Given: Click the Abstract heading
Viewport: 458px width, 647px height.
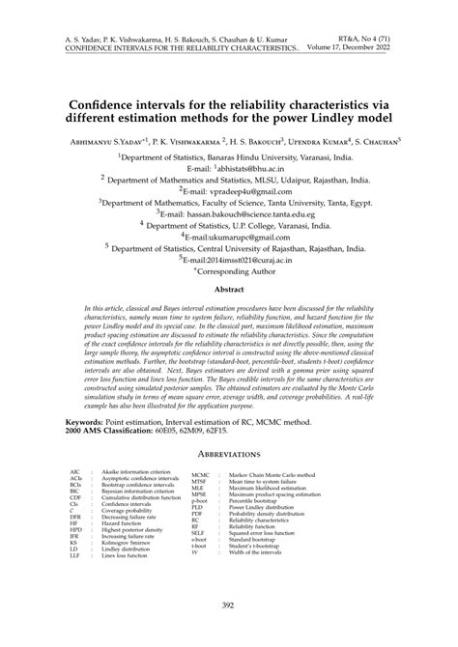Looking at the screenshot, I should point(228,289).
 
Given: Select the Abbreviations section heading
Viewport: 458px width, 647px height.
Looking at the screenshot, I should point(229,452).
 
